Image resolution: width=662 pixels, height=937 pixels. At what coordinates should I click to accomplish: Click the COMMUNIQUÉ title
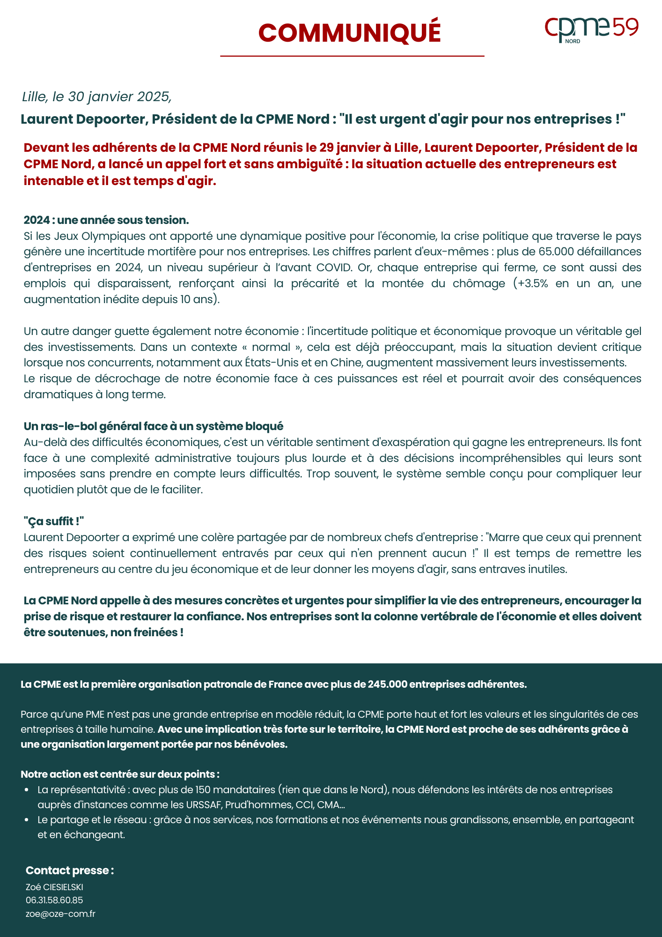click(349, 33)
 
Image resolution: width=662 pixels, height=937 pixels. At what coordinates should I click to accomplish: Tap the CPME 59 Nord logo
click(591, 30)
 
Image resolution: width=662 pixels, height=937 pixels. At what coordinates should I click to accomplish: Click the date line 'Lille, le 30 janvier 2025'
click(97, 97)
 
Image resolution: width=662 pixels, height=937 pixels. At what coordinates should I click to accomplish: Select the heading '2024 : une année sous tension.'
click(106, 220)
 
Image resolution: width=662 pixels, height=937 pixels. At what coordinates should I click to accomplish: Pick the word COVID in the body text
click(334, 268)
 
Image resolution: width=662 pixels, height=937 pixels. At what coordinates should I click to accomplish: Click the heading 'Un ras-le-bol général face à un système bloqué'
click(154, 426)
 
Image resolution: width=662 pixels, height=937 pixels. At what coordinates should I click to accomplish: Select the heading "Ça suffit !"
click(54, 521)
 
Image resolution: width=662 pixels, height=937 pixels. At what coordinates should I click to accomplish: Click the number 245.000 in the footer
click(387, 684)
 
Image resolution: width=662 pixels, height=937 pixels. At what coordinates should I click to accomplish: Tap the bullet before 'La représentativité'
click(27, 790)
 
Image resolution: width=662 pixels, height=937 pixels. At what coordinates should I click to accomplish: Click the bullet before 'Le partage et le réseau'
click(27, 820)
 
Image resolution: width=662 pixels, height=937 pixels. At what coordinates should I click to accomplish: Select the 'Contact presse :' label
click(70, 870)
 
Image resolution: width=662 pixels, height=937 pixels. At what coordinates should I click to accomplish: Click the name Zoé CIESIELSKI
click(54, 887)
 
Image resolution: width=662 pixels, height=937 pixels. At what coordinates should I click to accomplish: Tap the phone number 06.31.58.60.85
click(54, 900)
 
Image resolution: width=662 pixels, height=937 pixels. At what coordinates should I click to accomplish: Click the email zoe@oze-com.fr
click(60, 914)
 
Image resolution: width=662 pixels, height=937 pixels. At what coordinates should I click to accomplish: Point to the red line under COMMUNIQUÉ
click(352, 56)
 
